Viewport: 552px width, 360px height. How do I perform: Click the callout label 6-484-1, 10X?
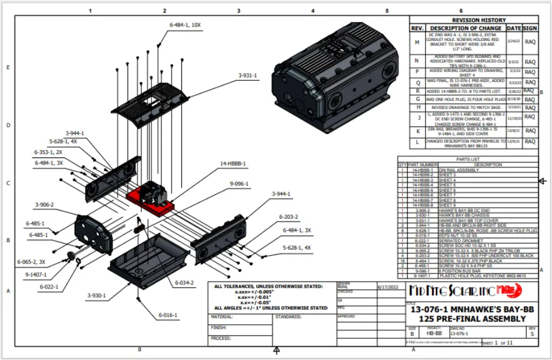(x=185, y=25)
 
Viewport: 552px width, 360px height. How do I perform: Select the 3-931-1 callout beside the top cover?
(x=248, y=76)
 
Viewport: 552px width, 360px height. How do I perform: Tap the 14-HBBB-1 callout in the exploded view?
(x=233, y=163)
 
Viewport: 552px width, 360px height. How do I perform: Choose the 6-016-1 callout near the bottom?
(x=168, y=315)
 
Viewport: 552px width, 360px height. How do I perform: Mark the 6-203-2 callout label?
(x=288, y=217)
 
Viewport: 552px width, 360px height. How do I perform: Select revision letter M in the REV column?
(x=417, y=42)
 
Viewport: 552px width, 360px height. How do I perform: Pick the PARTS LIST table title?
(x=467, y=159)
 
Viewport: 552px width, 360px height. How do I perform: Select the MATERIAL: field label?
(x=222, y=317)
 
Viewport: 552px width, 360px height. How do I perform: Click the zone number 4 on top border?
(x=312, y=10)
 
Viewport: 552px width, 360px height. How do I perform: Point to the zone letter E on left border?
(x=8, y=67)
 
